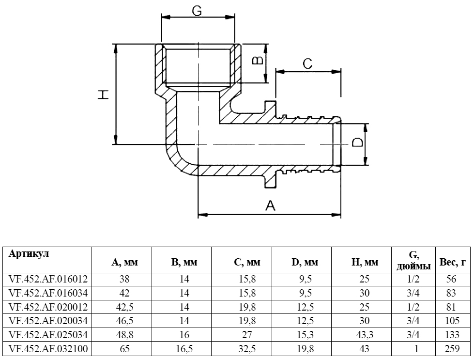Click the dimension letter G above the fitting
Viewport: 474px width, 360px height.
[x=197, y=11]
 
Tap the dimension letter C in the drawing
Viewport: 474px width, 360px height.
[x=307, y=63]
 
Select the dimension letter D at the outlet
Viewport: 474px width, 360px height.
[x=357, y=142]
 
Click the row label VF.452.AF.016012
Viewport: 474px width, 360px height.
[x=47, y=279]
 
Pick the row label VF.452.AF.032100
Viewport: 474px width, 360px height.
[x=47, y=349]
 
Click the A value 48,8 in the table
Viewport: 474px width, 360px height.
[x=125, y=335]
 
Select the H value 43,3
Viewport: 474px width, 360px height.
[x=365, y=335]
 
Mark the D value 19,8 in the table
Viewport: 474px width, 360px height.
[x=305, y=349]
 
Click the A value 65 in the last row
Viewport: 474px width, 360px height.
[x=125, y=349]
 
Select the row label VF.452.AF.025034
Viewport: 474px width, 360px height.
[x=47, y=335]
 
